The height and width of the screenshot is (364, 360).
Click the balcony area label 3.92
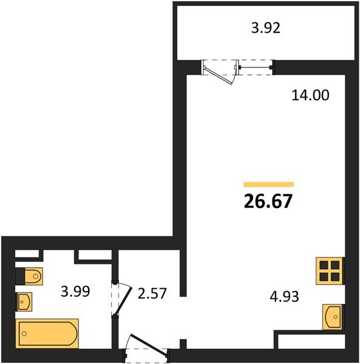click(266, 28)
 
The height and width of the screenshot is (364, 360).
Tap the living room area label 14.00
click(310, 95)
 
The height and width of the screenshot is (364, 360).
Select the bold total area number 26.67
click(268, 201)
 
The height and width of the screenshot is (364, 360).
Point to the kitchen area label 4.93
click(284, 297)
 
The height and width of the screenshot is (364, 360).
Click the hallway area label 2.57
click(152, 293)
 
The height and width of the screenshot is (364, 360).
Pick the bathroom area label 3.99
click(75, 291)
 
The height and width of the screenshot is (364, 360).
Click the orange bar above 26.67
click(269, 184)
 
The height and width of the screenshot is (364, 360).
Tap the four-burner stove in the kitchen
click(329, 271)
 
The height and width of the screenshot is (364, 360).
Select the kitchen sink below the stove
click(332, 317)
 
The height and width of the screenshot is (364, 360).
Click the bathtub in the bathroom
click(47, 334)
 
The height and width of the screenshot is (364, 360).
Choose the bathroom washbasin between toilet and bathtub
click(24, 302)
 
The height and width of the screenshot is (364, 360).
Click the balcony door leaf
click(218, 76)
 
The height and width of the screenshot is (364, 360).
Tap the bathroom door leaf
click(123, 301)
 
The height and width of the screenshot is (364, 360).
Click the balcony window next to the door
click(255, 67)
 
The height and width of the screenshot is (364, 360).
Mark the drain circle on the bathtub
click(24, 334)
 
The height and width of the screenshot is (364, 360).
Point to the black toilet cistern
click(20, 276)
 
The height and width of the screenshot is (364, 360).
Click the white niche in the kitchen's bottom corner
click(311, 341)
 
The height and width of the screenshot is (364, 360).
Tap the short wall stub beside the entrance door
click(183, 344)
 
